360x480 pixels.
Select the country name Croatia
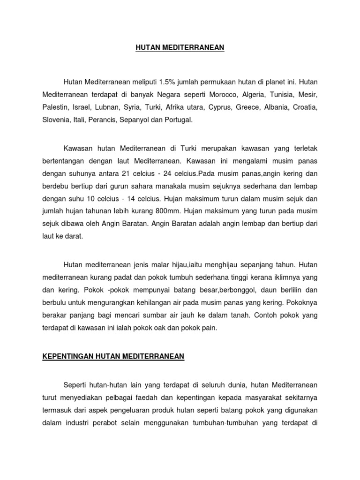click(305, 107)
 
